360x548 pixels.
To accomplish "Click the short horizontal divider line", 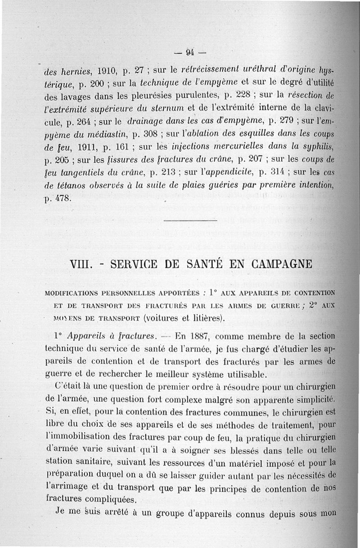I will [x=191, y=220].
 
